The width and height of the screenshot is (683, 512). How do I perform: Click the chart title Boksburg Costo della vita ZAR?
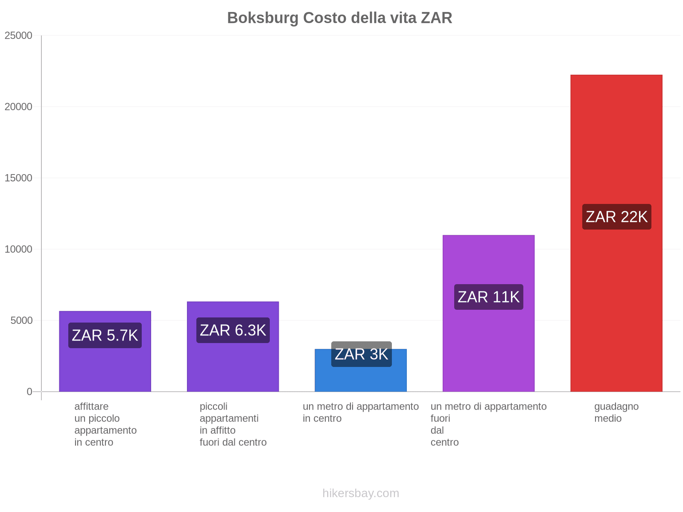[339, 18]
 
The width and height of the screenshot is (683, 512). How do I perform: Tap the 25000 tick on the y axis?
[19, 36]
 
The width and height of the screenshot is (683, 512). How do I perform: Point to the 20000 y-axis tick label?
[19, 107]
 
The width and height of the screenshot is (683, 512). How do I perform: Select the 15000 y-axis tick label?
[19, 178]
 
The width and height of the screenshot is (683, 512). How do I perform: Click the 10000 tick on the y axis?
[19, 250]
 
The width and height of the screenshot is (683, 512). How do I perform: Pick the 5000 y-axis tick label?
[22, 321]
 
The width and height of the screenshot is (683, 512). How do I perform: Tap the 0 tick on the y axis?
[29, 392]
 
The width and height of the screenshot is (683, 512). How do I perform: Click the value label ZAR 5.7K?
[105, 335]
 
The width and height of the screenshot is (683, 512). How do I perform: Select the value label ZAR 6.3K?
[233, 330]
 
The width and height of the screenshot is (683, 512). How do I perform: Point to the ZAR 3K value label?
[361, 354]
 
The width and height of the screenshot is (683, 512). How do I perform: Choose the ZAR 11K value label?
[488, 297]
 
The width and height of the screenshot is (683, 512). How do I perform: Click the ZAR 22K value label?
[616, 217]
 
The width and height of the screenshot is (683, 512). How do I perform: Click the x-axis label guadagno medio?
[616, 413]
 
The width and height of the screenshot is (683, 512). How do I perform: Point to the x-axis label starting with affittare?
[105, 425]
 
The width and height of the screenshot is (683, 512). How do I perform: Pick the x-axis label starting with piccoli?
[233, 425]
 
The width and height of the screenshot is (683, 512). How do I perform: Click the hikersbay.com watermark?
[361, 493]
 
